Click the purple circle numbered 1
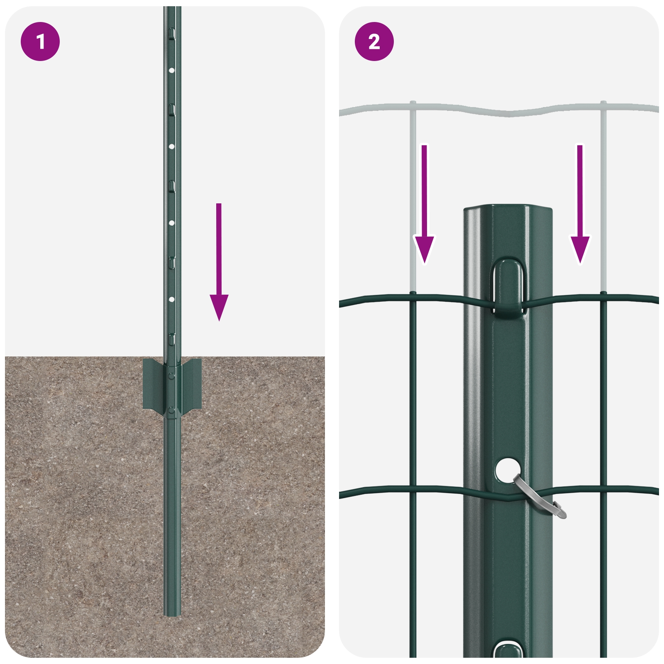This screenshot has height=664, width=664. (x=40, y=41)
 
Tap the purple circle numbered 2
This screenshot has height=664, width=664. (x=374, y=41)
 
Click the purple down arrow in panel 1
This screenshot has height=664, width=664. (x=219, y=262)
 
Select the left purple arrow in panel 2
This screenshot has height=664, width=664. (x=424, y=204)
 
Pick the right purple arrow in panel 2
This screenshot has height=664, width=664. (x=580, y=204)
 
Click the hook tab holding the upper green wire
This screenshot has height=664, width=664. (x=508, y=287)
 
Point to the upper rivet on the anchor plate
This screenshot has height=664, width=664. (x=172, y=376)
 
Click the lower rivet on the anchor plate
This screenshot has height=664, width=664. (x=172, y=411)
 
